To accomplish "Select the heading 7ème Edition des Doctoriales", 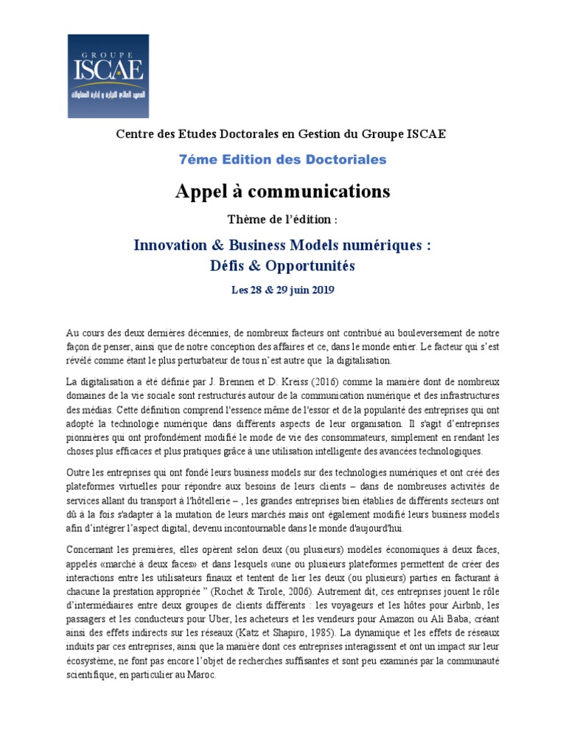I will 282,159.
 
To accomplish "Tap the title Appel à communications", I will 282,192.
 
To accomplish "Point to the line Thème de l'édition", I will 282,220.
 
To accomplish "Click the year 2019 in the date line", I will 321,290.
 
